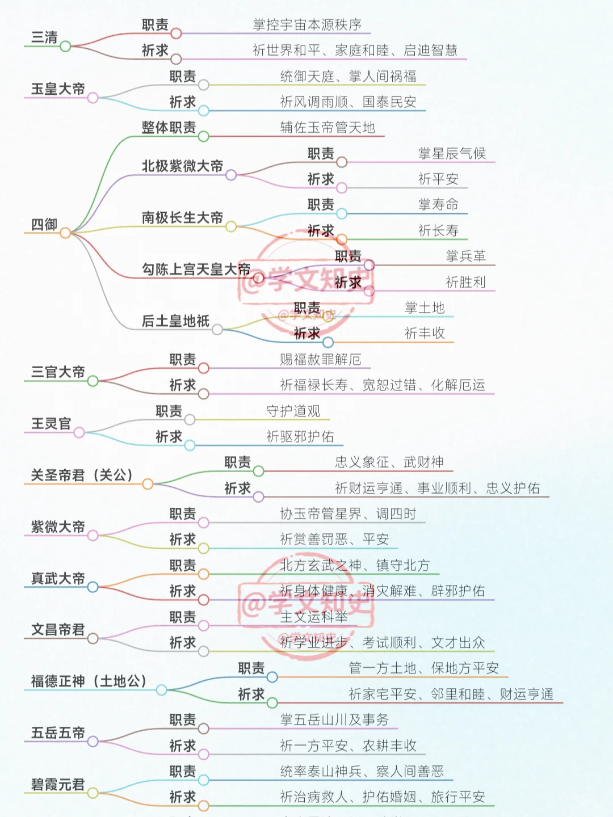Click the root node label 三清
coord(44,37)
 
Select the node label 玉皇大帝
coord(58,89)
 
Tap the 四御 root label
coord(44,225)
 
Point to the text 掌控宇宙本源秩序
coord(307,25)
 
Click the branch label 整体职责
coord(169,128)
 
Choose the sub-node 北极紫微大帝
coord(182,166)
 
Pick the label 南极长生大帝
coord(182,218)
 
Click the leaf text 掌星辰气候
coord(452,154)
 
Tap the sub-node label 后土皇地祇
coord(175,321)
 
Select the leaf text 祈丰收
coord(425,334)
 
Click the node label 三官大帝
coord(58,372)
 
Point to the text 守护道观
coord(293,411)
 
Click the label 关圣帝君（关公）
coord(82,475)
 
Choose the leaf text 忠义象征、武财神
coord(389,462)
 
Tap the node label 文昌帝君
coord(58,630)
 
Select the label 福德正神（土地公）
coord(89,681)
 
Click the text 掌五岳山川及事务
coord(334,720)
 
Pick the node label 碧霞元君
coord(58,785)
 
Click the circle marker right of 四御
coord(65,233)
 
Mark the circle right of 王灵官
coord(79,433)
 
